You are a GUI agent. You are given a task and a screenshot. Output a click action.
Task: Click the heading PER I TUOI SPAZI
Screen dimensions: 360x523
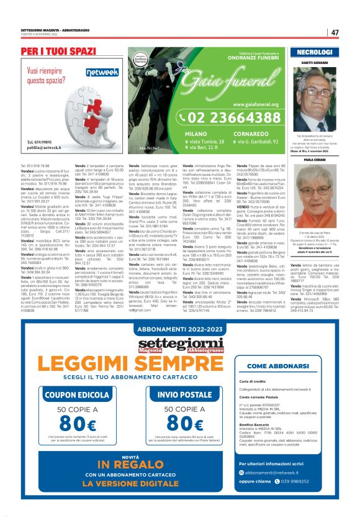(x=58, y=50)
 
